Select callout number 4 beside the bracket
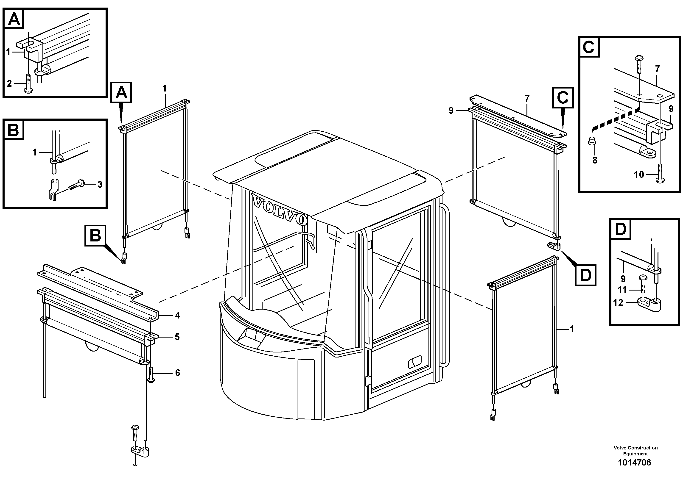click(x=178, y=315)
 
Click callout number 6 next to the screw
click(x=178, y=373)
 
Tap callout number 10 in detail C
click(x=639, y=175)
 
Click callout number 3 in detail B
click(x=100, y=185)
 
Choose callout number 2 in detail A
click(x=9, y=83)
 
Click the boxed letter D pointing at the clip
click(x=585, y=275)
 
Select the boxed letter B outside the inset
click(x=95, y=236)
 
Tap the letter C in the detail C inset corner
click(x=588, y=47)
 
